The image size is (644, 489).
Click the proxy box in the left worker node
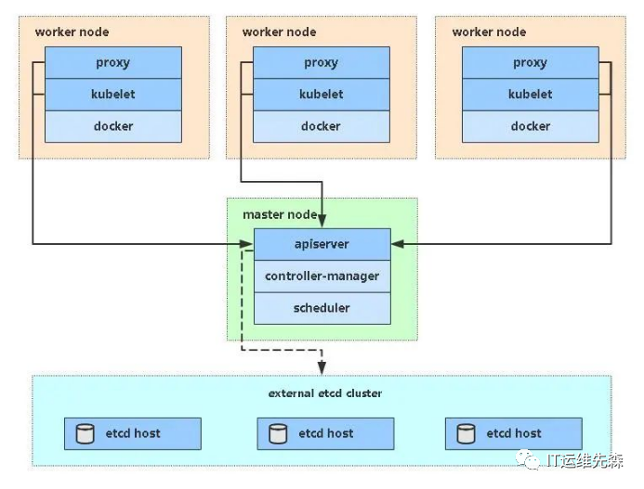tap(113, 63)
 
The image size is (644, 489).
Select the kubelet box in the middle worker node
tap(322, 95)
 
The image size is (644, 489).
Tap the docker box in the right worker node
tap(531, 126)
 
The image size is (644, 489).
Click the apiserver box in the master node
tap(322, 244)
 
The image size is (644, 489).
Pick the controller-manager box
tap(322, 276)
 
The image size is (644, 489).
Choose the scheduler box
tap(322, 307)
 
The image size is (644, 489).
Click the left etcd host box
tap(133, 433)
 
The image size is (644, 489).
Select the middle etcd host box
tap(324, 433)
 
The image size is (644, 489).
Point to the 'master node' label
tap(280, 214)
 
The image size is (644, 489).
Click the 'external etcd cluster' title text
tap(325, 393)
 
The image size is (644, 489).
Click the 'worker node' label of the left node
tap(72, 32)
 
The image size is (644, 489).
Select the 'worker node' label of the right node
tap(489, 32)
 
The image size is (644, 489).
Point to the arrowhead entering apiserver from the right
tap(397, 244)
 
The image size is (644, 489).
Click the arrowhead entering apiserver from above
tap(322, 222)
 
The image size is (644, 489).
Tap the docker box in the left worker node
tap(113, 126)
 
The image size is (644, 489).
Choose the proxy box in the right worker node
tap(531, 63)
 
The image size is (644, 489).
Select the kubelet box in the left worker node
tap(113, 95)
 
